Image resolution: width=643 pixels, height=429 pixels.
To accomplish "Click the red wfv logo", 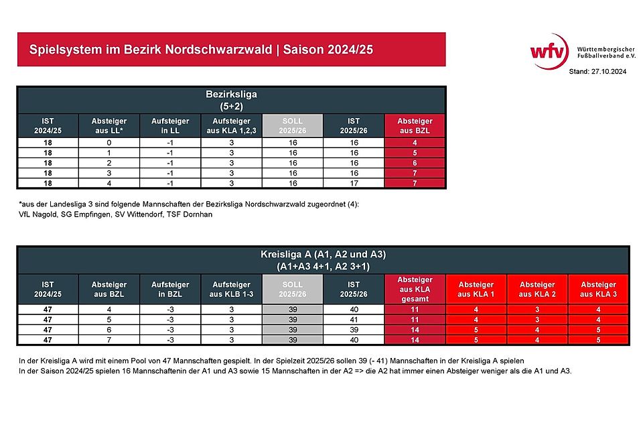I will coord(549,50).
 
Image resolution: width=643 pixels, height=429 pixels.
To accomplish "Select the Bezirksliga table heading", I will coord(231,95).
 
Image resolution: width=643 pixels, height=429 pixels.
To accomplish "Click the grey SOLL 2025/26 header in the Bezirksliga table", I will coord(292,125).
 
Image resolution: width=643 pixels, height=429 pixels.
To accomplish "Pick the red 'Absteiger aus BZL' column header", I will coord(415,125).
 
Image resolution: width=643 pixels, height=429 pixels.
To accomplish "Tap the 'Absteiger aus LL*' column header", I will coord(109,125).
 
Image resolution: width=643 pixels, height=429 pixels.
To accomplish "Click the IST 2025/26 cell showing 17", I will coord(354,182).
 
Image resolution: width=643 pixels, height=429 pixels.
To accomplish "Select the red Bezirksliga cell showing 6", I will coord(415,163).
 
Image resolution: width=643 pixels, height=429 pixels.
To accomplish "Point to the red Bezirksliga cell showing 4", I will coord(415,143).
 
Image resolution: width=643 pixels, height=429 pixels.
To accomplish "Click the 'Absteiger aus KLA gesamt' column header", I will coord(415,289).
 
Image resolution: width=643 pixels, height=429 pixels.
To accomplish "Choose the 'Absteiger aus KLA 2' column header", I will coord(537,289).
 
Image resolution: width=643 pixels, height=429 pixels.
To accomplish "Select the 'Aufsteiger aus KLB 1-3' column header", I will coord(230,289).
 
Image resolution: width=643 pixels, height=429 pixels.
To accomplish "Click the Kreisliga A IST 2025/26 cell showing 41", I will coord(353,320).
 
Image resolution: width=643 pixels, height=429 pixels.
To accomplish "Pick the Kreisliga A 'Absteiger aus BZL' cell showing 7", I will coord(109,340).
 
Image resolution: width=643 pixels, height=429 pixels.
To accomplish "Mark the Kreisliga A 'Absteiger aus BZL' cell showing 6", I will coord(109,330).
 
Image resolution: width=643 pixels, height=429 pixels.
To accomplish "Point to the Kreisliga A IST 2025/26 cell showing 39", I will coord(353,330).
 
